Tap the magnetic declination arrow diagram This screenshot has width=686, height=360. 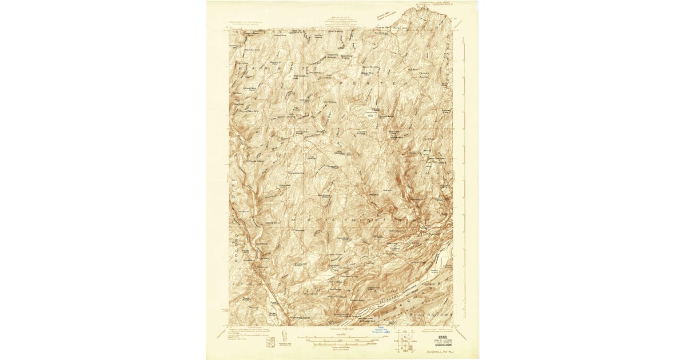285,337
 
